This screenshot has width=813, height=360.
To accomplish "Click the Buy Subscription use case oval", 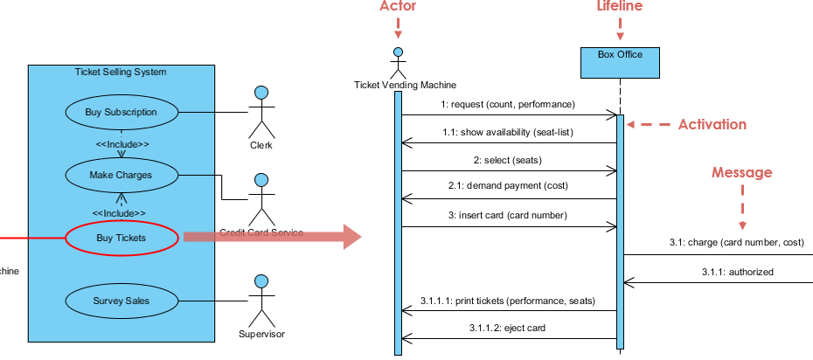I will (122, 113).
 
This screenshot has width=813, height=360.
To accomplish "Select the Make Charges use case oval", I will (122, 175).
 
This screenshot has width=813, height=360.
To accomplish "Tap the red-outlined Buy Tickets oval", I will (122, 237).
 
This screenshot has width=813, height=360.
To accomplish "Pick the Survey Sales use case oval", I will (122, 301).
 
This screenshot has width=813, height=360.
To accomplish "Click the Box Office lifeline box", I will (620, 61).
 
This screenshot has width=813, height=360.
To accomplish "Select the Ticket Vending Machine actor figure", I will (399, 61).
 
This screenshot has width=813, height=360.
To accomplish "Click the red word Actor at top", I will (399, 7).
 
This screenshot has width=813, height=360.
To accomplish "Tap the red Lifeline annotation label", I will (620, 7).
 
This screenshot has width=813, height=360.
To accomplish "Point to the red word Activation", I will (712, 125).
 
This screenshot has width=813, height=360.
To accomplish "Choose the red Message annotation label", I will (742, 173).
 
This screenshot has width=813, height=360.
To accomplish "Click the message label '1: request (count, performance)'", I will (508, 105).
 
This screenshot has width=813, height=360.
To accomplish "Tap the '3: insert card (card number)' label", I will (508, 216).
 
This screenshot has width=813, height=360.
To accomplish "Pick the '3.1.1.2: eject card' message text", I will (508, 329).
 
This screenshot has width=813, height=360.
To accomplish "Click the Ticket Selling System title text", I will (121, 72).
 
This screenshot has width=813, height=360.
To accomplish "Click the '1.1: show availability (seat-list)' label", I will (508, 133).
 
